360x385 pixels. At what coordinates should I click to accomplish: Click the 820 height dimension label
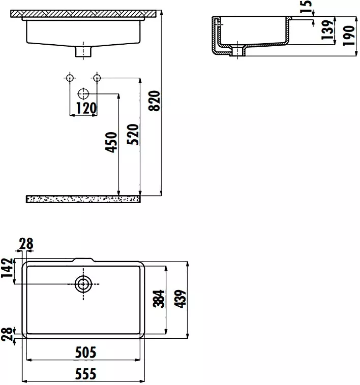pos(155,101)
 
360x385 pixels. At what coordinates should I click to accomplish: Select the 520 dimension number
pos(133,134)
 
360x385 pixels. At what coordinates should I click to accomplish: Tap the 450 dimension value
pos(111,142)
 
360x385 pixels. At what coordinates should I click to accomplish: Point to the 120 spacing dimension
pos(86,108)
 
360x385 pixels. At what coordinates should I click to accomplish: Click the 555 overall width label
pos(85,374)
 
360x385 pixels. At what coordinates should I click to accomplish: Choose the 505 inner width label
pos(85,352)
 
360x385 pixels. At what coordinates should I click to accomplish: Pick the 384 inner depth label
pos(159,299)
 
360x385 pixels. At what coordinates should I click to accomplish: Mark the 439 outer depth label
pos(180,299)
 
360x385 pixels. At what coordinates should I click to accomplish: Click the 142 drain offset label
pos(7,268)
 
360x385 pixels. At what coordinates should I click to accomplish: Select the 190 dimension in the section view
pos(349,36)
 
